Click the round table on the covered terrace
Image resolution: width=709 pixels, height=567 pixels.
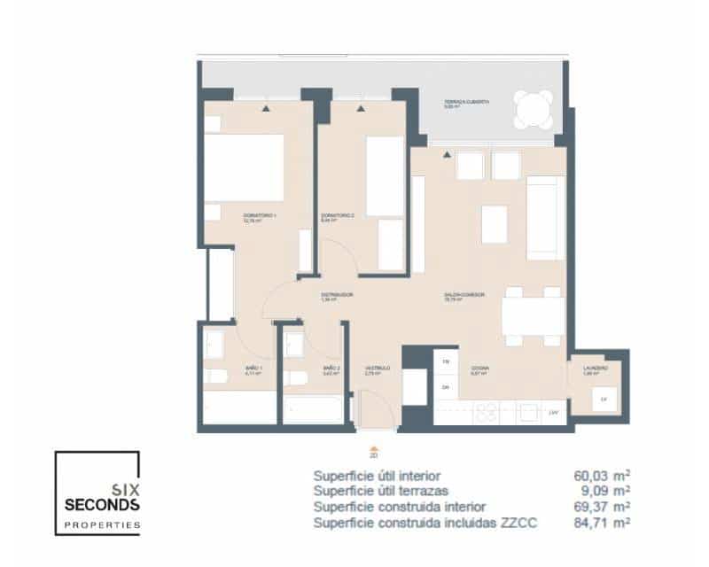[534, 112]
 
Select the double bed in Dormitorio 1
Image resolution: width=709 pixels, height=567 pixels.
[244, 167]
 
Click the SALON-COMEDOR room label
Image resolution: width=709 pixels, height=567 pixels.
[463, 296]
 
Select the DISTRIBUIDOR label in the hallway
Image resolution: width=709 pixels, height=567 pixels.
[338, 296]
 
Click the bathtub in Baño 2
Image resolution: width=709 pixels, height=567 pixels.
[312, 408]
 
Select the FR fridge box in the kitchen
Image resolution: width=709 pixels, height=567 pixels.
[447, 363]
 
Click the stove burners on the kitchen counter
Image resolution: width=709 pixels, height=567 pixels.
[488, 412]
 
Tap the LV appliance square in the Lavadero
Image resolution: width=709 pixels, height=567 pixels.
[604, 400]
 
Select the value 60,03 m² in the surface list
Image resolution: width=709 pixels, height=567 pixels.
[602, 475]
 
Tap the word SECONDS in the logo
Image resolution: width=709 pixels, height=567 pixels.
[102, 505]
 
